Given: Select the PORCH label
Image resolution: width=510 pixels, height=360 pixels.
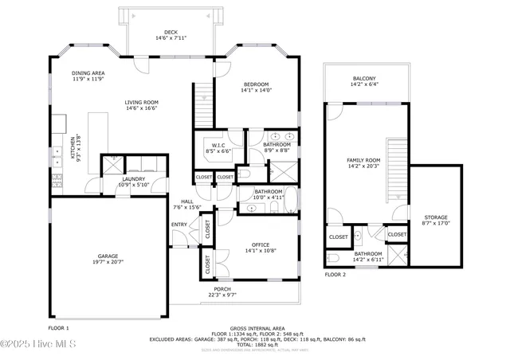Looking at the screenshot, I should click(x=222, y=292).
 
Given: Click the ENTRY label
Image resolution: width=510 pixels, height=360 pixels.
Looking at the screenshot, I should click(x=179, y=224).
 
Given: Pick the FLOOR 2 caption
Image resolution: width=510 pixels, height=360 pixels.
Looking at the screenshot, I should click(x=335, y=275).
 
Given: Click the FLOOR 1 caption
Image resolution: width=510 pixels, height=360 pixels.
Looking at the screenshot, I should click(x=58, y=327).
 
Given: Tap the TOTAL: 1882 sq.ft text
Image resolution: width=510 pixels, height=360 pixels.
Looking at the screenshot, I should click(x=256, y=344).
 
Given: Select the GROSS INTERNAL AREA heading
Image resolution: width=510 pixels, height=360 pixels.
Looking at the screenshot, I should click(x=257, y=328).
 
